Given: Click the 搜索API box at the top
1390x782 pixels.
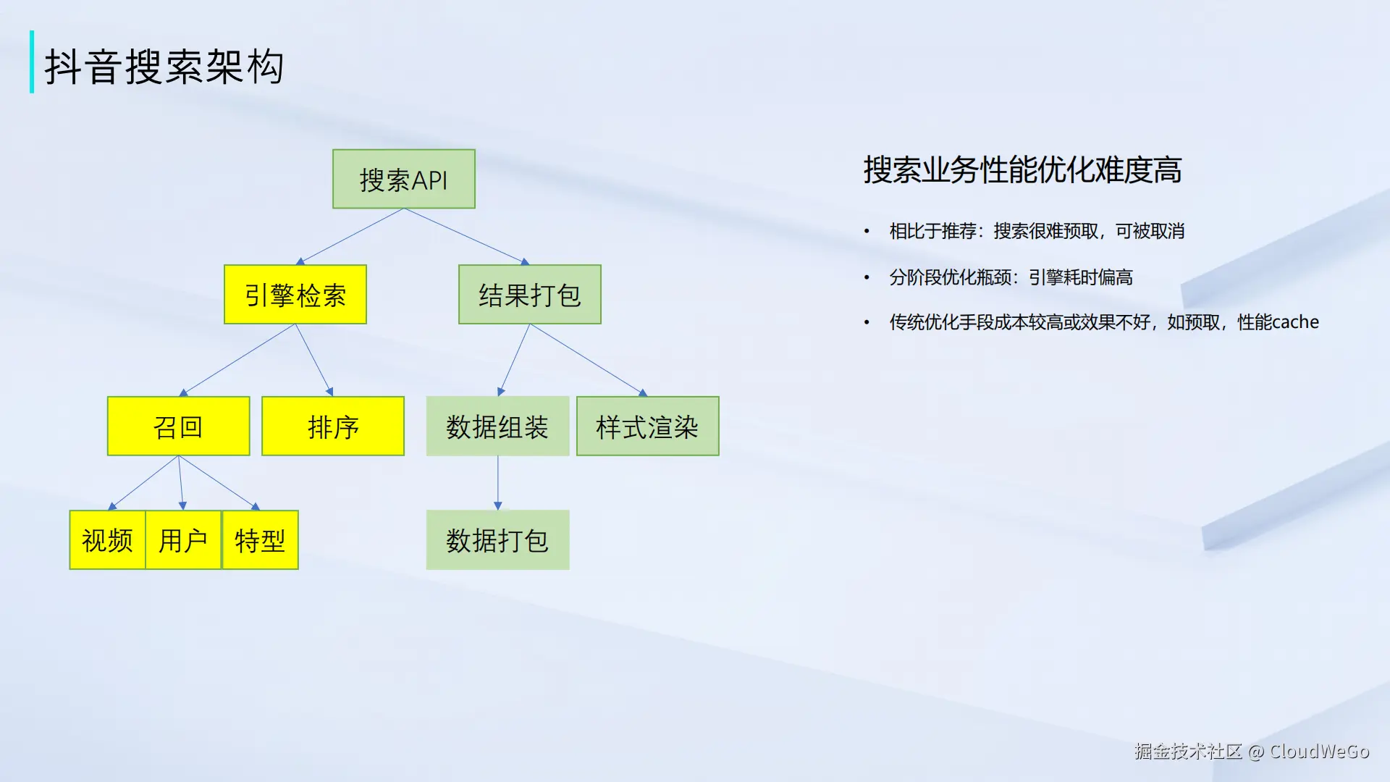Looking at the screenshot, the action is (404, 179).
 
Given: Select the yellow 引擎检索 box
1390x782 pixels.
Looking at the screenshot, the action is (295, 294).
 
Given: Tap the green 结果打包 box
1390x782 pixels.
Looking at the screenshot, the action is (530, 294).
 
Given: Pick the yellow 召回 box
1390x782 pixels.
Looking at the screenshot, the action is (178, 426).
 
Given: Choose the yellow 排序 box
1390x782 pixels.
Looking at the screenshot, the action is (333, 426).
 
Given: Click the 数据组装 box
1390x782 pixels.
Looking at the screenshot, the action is (497, 426).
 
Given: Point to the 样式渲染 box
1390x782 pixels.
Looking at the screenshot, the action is (648, 426).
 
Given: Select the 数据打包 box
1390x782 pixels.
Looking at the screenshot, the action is (497, 539).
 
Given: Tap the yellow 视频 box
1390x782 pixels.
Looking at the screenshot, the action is (108, 539).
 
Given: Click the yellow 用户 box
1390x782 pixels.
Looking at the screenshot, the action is (183, 539).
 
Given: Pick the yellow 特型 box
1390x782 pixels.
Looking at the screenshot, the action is (260, 539).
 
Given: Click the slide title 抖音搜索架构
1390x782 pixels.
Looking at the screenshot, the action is (164, 67).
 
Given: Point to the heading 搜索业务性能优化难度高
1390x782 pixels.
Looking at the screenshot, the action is (1022, 170).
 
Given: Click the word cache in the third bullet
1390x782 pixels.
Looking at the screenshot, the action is (1295, 321).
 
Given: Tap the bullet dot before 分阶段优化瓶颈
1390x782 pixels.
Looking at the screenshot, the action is (867, 277).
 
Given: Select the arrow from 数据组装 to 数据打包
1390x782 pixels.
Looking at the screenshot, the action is (497, 483).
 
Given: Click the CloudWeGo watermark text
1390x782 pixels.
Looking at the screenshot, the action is (1319, 751).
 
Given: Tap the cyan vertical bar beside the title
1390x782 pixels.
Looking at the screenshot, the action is (32, 62).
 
